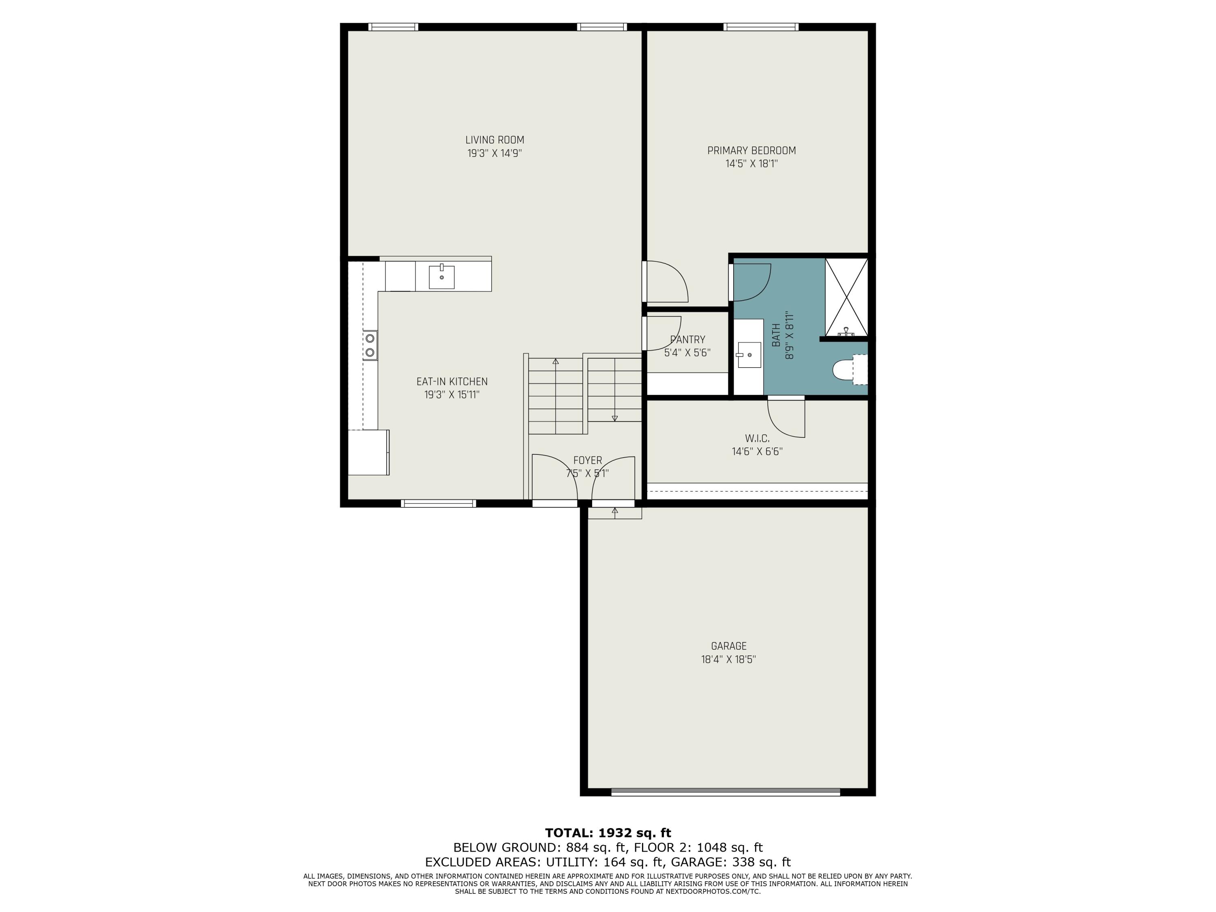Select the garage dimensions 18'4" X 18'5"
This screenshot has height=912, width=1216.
(x=728, y=659)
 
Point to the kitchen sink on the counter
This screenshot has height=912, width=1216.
(x=441, y=276)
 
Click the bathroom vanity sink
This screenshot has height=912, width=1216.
(x=749, y=355)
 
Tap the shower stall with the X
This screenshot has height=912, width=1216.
(x=846, y=297)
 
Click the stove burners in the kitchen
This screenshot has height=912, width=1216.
(x=370, y=345)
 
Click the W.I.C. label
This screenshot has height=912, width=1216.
(x=757, y=439)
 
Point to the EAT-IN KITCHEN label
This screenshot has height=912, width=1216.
(x=452, y=381)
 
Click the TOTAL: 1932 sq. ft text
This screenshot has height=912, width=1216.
(x=608, y=833)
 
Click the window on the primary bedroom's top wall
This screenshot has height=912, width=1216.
(x=761, y=27)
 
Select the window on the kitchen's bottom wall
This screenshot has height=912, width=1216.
(x=438, y=503)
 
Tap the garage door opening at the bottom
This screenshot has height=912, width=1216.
(x=726, y=792)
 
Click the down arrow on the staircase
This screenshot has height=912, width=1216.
(x=614, y=418)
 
